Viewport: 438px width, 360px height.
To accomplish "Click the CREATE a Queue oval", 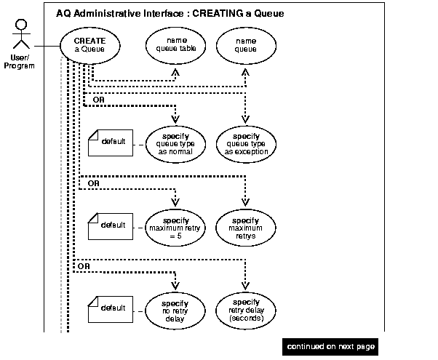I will click(x=89, y=46).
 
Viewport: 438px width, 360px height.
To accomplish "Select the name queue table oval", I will click(x=175, y=45).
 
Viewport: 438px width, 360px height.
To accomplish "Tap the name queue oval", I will click(x=245, y=45).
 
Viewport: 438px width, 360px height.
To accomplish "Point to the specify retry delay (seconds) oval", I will click(x=245, y=308).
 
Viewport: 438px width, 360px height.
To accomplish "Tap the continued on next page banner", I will click(x=330, y=346).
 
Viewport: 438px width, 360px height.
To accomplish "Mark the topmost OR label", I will click(x=97, y=98).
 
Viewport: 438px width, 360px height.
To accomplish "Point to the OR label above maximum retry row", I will click(x=93, y=183).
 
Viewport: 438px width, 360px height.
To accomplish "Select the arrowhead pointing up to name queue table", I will click(x=175, y=72).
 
